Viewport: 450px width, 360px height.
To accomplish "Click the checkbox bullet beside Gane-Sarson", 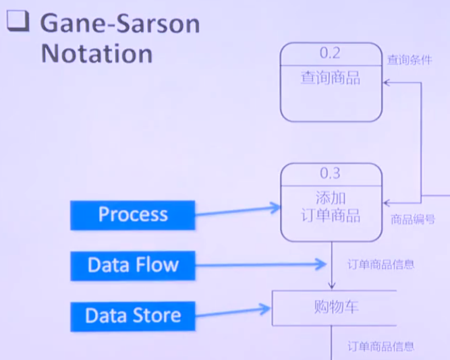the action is pyautogui.click(x=18, y=21).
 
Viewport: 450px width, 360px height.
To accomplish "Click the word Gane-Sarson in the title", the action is pyautogui.click(x=120, y=23).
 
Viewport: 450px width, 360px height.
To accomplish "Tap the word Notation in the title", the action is pyautogui.click(x=96, y=54).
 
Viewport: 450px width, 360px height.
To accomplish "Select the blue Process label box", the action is pyautogui.click(x=133, y=215).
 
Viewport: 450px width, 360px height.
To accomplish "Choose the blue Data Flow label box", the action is pyautogui.click(x=133, y=266).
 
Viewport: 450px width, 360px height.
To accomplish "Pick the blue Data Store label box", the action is pyautogui.click(x=133, y=316).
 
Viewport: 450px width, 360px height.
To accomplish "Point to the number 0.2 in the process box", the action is pyautogui.click(x=330, y=53).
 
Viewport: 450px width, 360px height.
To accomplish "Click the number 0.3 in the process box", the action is pyautogui.click(x=331, y=173).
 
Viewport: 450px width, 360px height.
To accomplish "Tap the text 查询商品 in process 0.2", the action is pyautogui.click(x=331, y=78).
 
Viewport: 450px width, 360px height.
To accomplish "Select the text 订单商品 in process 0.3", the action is pyautogui.click(x=331, y=215).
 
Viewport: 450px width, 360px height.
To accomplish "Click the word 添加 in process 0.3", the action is pyautogui.click(x=331, y=198).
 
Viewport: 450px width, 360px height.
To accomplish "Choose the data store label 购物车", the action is pyautogui.click(x=337, y=307).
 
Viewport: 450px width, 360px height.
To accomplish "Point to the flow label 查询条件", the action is pyautogui.click(x=410, y=60).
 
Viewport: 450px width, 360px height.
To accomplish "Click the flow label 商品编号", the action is pyautogui.click(x=413, y=220).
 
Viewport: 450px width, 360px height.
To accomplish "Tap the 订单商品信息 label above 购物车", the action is pyautogui.click(x=381, y=264).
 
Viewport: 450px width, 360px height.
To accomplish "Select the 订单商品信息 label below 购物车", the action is pyautogui.click(x=381, y=347).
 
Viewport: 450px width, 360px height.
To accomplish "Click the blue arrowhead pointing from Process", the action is pyautogui.click(x=275, y=208).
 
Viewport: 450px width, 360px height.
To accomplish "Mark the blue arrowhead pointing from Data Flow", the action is pyautogui.click(x=321, y=264).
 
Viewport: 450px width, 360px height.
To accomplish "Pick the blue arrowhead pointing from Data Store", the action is pyautogui.click(x=265, y=309).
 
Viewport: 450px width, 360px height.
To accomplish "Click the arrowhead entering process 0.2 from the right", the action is pyautogui.click(x=387, y=83).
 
